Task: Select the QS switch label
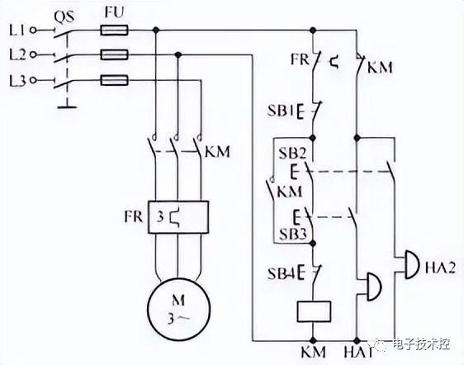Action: [64, 17]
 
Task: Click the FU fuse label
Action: [114, 12]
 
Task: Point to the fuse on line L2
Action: [114, 55]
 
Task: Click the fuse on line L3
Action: [114, 80]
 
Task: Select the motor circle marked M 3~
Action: [178, 310]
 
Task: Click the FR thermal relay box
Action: [178, 217]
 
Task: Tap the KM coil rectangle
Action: [314, 311]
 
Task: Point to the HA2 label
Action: [440, 268]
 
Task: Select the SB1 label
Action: [280, 111]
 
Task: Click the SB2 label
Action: [291, 153]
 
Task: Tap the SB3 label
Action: [292, 235]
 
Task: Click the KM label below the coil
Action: [314, 352]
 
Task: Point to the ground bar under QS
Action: [68, 107]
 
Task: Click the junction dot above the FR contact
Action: [313, 30]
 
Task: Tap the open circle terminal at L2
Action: [35, 55]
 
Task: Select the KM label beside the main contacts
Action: [217, 152]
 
